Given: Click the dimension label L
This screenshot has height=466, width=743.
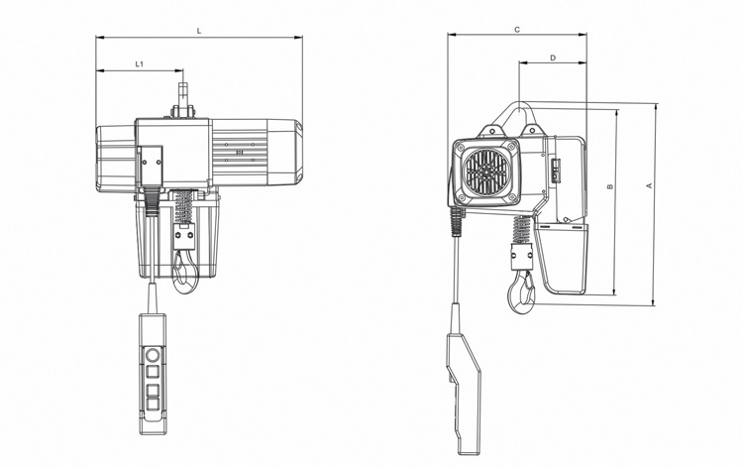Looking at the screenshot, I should pyautogui.click(x=199, y=31).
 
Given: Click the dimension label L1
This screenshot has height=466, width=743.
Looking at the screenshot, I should pyautogui.click(x=140, y=64).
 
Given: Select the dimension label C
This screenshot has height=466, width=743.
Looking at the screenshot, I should pyautogui.click(x=517, y=30).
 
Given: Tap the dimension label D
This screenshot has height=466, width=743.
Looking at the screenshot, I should pyautogui.click(x=552, y=58).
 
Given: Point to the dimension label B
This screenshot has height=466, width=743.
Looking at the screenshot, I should pyautogui.click(x=610, y=185).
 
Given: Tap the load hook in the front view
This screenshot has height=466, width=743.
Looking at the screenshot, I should pyautogui.click(x=184, y=272).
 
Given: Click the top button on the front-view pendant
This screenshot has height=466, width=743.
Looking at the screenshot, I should pyautogui.click(x=153, y=355).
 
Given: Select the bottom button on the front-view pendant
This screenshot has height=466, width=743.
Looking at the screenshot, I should pyautogui.click(x=153, y=405).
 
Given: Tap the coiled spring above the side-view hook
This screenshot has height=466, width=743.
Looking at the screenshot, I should pyautogui.click(x=519, y=235).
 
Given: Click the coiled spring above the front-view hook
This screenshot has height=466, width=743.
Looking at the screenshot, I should pyautogui.click(x=184, y=209).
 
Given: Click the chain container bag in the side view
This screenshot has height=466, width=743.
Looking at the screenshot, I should pyautogui.click(x=566, y=259).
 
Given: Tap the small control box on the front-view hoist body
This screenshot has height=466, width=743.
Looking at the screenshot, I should pyautogui.click(x=151, y=164).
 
